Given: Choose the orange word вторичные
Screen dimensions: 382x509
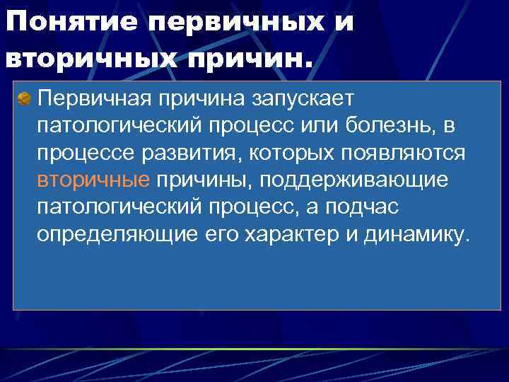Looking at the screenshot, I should [93, 180].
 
